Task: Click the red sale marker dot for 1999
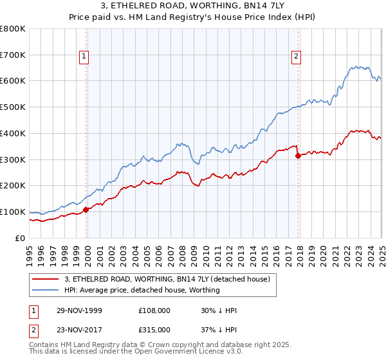pos(86,209)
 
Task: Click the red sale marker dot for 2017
pos(298,155)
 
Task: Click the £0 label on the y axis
pos(19,238)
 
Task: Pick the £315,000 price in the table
pos(154,330)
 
